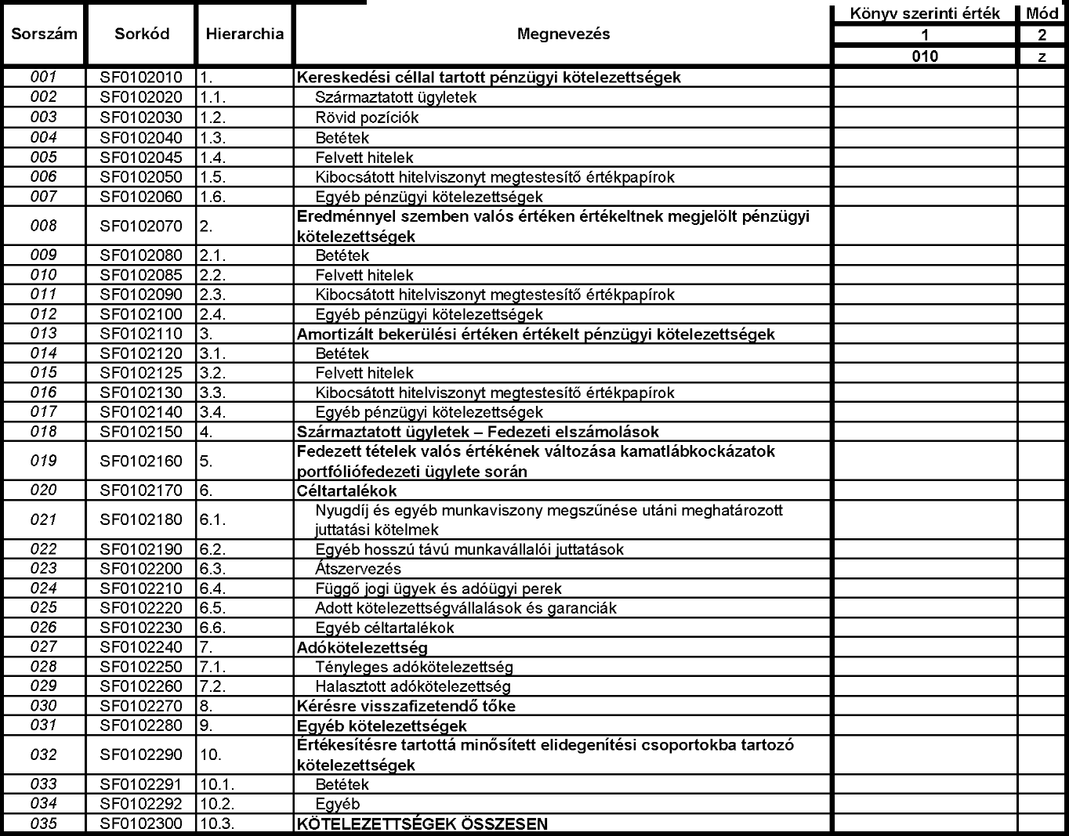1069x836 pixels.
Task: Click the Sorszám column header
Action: click(x=44, y=34)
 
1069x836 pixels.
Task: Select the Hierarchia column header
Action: click(x=245, y=34)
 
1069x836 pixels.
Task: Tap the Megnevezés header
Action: click(x=563, y=34)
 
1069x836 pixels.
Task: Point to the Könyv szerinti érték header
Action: click(x=925, y=14)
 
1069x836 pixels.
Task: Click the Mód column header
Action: click(x=1042, y=14)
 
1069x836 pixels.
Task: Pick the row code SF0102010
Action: click(x=141, y=78)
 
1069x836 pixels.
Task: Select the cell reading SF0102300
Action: click(x=141, y=824)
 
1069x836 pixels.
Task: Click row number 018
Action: click(x=44, y=432)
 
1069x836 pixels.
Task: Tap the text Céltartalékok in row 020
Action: click(x=346, y=491)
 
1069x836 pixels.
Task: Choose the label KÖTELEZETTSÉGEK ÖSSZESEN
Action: click(x=422, y=824)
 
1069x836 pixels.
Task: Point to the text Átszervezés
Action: click(x=358, y=570)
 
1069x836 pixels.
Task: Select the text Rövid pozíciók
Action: click(x=367, y=118)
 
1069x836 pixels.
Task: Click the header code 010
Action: click(x=925, y=56)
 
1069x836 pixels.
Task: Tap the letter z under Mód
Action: click(x=1042, y=56)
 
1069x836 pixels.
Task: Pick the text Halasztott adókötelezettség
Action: click(x=413, y=687)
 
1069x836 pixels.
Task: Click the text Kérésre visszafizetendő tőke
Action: click(x=406, y=707)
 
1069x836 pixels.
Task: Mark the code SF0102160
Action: click(x=141, y=461)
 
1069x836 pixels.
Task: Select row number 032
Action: click(x=44, y=755)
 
